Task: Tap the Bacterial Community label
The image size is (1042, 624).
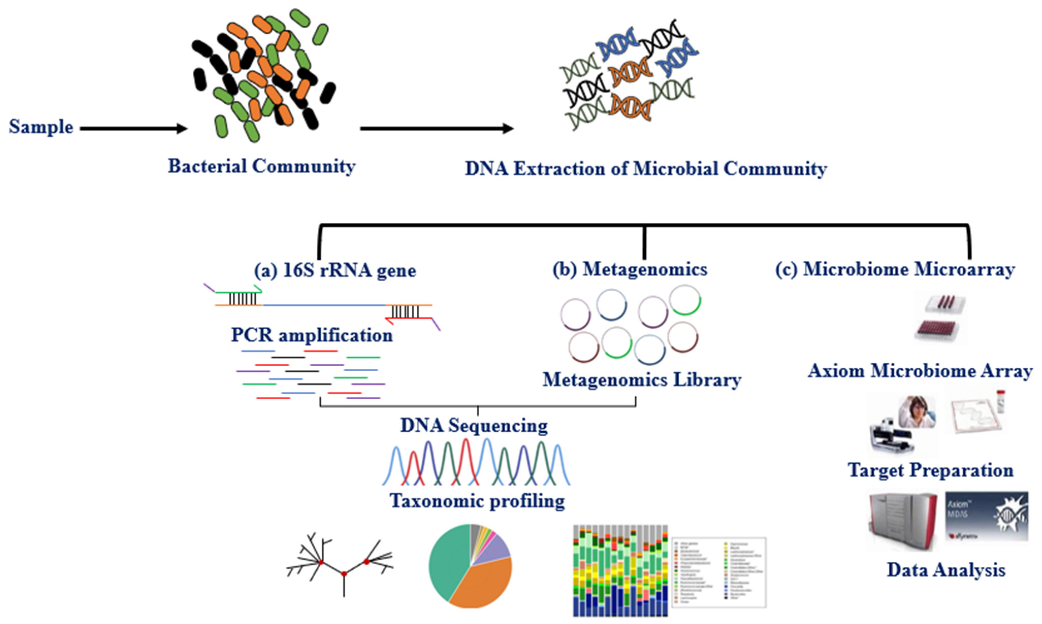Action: (261, 166)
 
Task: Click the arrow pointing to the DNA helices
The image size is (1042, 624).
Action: (436, 128)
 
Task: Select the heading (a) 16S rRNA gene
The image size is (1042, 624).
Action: (335, 270)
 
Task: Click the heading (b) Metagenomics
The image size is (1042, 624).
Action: (630, 269)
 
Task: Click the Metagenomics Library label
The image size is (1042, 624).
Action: (642, 380)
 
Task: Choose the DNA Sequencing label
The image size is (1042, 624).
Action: (474, 426)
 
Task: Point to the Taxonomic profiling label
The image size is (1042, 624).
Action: (477, 501)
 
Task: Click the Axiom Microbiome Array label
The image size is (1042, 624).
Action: (920, 371)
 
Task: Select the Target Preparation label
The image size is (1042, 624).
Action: (930, 470)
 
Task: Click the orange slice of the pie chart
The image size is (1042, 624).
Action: (484, 584)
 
